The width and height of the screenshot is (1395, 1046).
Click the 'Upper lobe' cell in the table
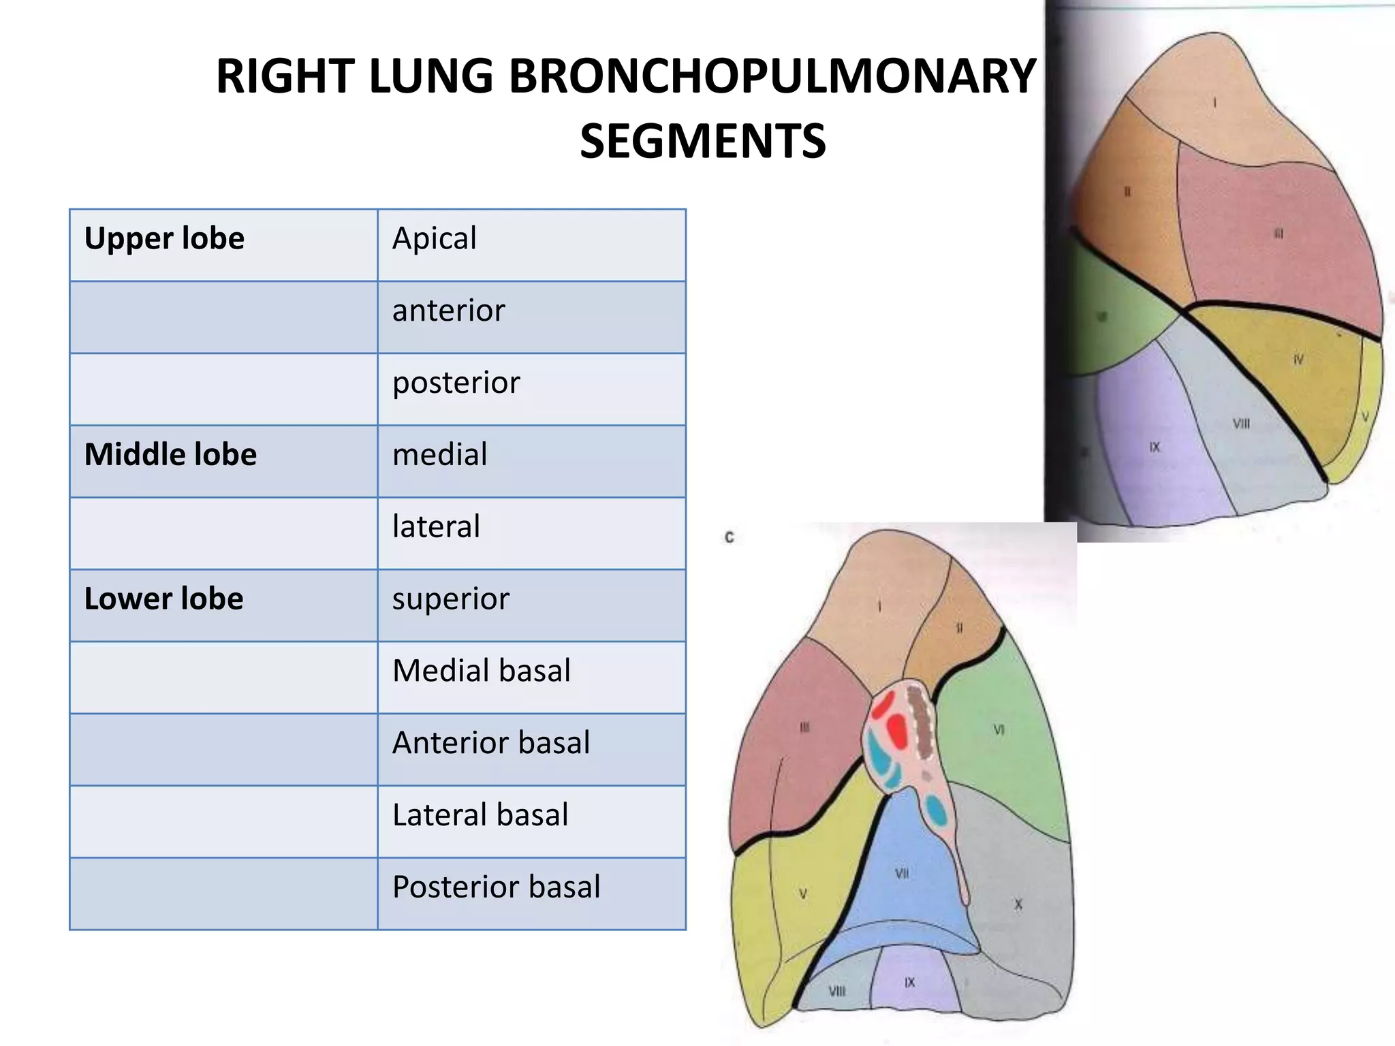164,239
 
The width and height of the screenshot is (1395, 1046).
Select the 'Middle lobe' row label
170,455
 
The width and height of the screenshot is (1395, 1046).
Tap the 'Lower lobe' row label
163,599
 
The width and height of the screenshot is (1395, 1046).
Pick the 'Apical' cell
434,239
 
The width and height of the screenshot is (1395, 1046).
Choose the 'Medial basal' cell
481,671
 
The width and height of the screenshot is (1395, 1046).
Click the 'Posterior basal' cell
496,887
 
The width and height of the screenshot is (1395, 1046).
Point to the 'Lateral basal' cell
480,815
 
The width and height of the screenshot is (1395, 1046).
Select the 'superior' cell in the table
450,599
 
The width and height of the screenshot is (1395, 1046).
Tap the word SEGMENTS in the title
702,142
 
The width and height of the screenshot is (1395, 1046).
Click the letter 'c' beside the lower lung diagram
730,538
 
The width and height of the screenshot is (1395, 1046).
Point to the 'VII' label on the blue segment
902,874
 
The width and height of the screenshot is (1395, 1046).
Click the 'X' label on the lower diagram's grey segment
1018,905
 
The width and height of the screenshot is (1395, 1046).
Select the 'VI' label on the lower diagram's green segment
999,730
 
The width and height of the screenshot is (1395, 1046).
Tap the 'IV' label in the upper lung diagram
1298,360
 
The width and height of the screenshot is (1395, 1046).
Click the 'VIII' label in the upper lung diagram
1241,424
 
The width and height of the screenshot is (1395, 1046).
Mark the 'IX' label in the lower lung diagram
910,983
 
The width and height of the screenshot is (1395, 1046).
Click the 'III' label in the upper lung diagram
1279,234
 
